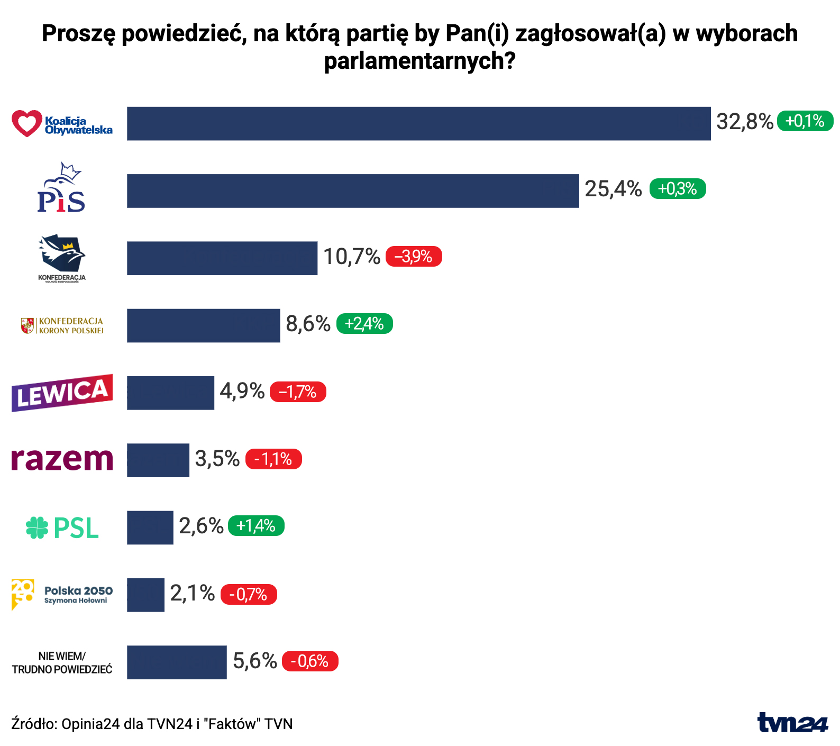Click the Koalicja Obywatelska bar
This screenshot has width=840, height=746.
(x=418, y=123)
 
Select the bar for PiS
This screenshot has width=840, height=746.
(x=353, y=190)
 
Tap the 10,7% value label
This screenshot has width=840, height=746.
(x=352, y=257)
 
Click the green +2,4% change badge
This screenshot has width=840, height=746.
(x=364, y=324)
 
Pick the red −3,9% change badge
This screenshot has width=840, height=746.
(x=414, y=257)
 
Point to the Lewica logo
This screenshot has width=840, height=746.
(x=62, y=393)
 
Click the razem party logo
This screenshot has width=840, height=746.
(x=62, y=459)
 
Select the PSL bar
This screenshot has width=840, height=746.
(x=150, y=527)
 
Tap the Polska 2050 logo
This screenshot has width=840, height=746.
(x=62, y=595)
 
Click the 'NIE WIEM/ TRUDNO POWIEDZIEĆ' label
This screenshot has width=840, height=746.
(x=62, y=662)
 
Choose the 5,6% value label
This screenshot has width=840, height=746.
(x=255, y=661)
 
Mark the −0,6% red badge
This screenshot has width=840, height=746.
(x=310, y=661)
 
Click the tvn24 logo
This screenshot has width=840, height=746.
(x=792, y=723)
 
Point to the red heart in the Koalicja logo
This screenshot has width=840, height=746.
(x=26, y=123)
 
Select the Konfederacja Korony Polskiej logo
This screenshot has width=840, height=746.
(x=62, y=325)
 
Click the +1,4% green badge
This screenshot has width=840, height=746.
(x=256, y=526)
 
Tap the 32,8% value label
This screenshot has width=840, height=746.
(x=745, y=122)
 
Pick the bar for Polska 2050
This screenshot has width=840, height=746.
(x=145, y=595)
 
